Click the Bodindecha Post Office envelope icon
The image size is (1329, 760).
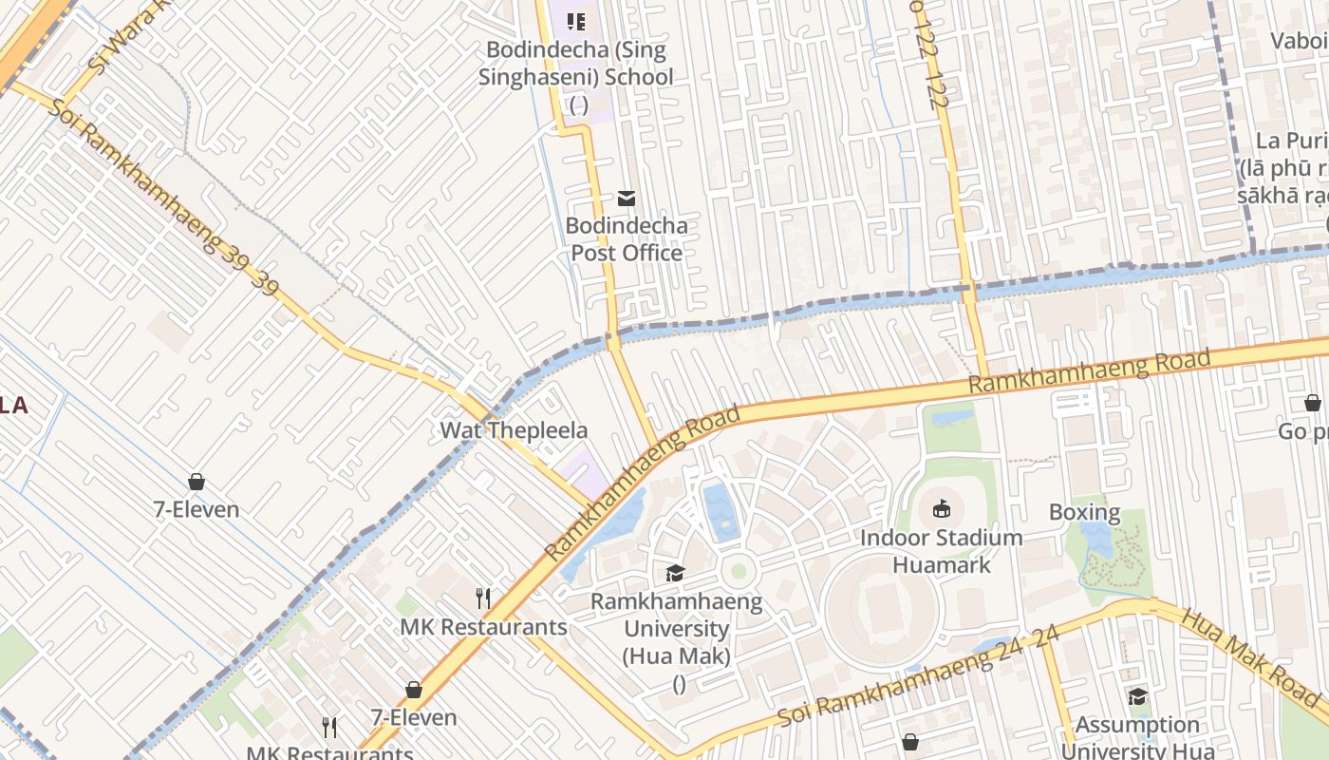click(627, 199)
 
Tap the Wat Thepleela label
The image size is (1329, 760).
click(514, 430)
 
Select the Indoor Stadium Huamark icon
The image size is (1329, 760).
click(942, 509)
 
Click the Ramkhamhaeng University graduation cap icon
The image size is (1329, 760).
click(675, 573)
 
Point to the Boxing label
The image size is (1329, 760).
click(1084, 513)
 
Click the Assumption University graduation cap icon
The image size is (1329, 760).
click(1137, 697)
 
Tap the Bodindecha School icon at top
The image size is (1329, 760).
click(576, 21)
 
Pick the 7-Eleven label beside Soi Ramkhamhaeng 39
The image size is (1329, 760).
click(197, 509)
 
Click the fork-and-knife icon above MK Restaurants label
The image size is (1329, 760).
click(483, 598)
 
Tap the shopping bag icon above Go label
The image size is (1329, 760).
click(1313, 403)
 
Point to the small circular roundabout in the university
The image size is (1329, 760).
click(738, 572)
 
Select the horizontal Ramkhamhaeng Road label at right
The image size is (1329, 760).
click(1089, 371)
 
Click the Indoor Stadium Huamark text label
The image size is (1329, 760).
click(941, 551)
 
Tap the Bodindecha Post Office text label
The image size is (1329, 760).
click(626, 239)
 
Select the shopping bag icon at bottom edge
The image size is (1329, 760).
click(910, 742)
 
